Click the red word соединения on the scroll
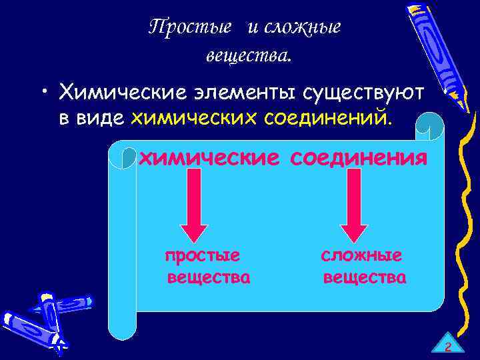358,159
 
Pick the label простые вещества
207,267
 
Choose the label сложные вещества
363,267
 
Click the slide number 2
448,347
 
